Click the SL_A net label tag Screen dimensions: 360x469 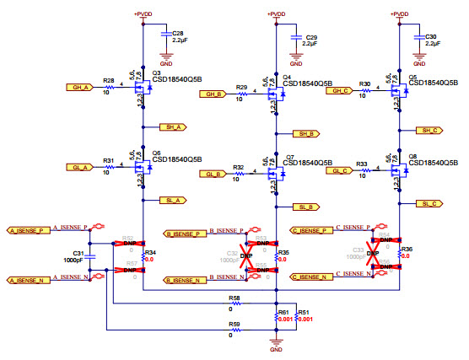pos(172,200)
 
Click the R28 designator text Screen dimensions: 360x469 pos(108,81)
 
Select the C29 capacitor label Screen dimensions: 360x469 pos(311,38)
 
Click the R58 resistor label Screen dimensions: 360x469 pos(234,298)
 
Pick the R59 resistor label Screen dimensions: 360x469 pos(234,323)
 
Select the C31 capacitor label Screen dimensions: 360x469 pos(78,253)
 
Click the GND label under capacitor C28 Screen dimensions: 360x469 pos(166,63)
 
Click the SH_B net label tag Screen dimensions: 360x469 pos(304,133)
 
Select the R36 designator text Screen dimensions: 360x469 pos(407,250)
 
